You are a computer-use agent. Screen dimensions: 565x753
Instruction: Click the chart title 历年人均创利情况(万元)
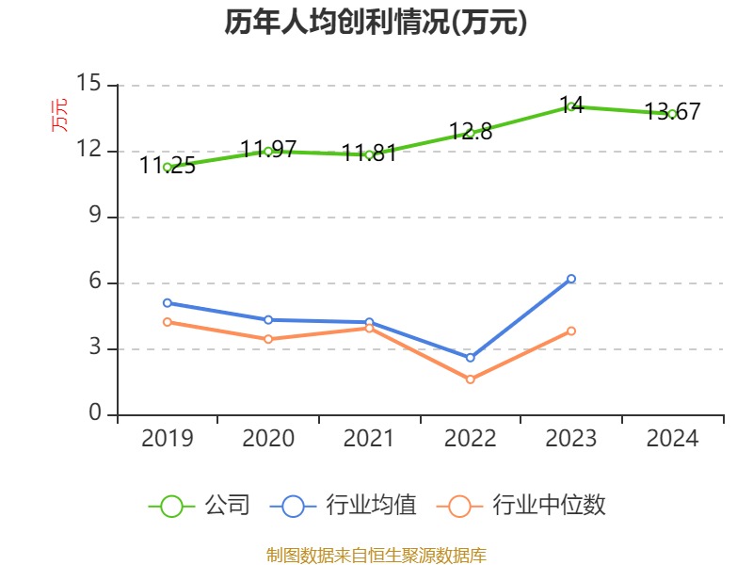[376, 23]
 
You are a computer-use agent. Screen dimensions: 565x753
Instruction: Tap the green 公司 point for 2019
[168, 167]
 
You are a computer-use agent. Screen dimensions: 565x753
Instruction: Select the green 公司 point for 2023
[571, 106]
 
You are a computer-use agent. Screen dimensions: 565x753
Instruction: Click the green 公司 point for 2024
[672, 114]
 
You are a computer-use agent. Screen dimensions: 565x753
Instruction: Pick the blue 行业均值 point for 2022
[471, 358]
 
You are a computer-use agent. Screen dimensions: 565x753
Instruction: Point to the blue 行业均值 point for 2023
[571, 279]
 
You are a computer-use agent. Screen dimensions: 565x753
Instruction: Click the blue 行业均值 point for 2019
[168, 303]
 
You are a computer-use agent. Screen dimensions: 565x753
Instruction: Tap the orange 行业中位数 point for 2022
[471, 379]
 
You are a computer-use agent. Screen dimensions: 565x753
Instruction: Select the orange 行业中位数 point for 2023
[571, 331]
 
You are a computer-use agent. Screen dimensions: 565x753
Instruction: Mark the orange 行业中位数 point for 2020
[268, 339]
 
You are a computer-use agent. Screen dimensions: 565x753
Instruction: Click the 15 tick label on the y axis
[88, 85]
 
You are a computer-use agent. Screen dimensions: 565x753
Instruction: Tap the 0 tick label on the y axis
[95, 414]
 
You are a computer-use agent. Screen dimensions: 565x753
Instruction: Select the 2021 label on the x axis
[369, 439]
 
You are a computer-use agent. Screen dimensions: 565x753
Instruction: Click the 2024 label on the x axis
[672, 439]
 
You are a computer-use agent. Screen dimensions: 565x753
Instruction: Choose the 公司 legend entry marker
[171, 506]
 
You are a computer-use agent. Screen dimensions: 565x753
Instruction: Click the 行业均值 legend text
[371, 506]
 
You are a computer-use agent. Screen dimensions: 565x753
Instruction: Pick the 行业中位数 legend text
[550, 506]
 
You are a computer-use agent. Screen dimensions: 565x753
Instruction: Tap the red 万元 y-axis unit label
[59, 115]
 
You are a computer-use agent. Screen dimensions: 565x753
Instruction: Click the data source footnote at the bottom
[376, 555]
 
